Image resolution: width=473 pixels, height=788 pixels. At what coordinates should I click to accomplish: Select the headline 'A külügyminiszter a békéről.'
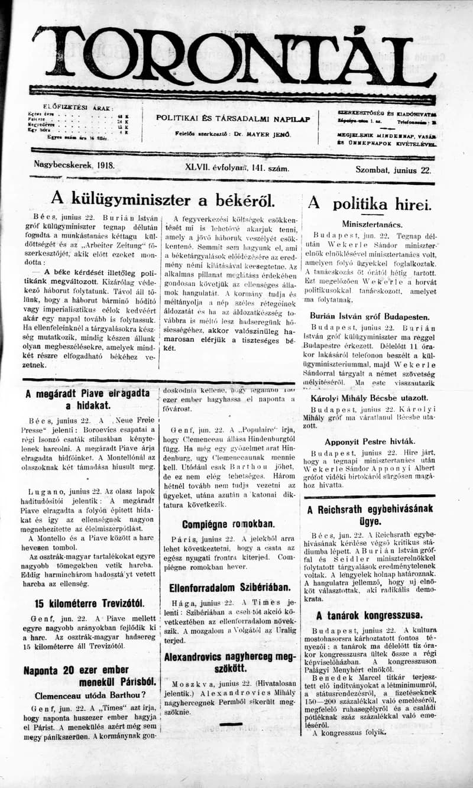click(163, 199)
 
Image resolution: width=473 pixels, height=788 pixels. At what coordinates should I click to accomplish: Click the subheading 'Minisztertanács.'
click(372, 224)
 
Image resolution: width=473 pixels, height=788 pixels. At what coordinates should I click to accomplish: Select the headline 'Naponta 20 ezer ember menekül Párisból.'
click(89, 676)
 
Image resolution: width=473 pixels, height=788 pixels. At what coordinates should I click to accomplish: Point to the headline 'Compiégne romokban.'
click(228, 524)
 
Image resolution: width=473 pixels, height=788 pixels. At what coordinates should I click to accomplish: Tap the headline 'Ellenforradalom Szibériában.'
click(230, 588)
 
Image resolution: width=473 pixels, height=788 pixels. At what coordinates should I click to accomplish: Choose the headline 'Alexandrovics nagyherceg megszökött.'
click(229, 663)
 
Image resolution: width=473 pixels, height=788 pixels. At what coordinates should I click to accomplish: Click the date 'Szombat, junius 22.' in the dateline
click(393, 168)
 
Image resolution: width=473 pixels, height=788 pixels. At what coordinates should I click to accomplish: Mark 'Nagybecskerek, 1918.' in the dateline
click(74, 166)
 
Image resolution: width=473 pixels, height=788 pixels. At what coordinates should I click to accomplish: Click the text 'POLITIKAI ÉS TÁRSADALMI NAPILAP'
click(233, 118)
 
